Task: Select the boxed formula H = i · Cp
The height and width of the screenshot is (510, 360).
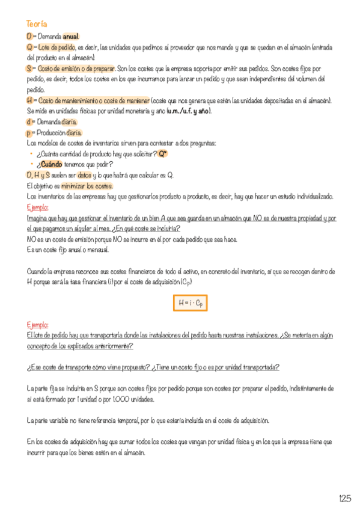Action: [x=189, y=304]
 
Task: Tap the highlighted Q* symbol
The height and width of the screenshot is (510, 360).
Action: [x=163, y=154]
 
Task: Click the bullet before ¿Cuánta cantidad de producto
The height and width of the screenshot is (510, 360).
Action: [x=31, y=155]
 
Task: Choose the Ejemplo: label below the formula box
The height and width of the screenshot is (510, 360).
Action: [x=38, y=325]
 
